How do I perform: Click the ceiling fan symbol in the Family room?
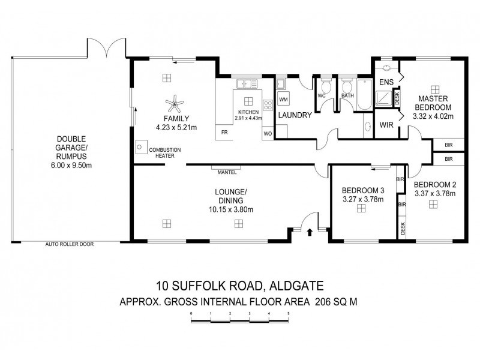[175, 104]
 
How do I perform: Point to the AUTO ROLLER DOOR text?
[69, 244]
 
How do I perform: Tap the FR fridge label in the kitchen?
[224, 132]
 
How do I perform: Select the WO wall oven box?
[267, 132]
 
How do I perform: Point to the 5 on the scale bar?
[289, 313]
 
